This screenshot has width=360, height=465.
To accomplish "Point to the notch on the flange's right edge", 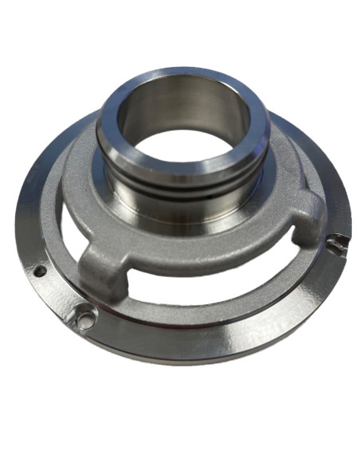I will coord(341,240).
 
